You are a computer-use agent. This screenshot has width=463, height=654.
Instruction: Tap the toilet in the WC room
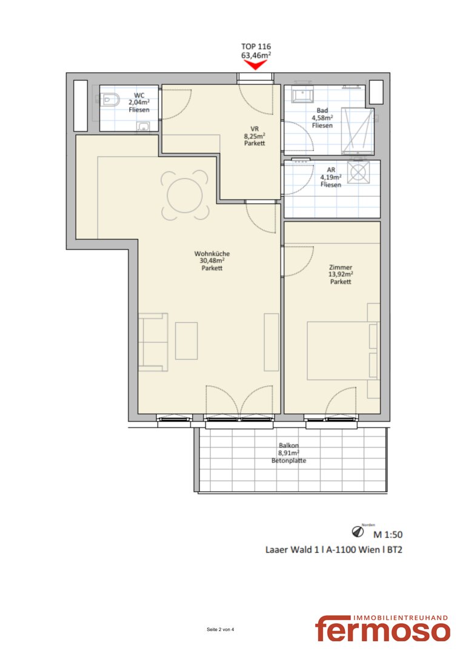(x=109, y=100)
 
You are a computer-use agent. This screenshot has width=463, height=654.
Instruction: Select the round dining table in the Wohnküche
(x=184, y=195)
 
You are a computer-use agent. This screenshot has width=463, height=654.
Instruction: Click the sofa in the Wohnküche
(x=153, y=342)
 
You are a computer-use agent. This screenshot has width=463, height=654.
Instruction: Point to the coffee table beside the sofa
(x=186, y=341)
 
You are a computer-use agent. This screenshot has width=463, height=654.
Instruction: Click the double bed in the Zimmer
(x=343, y=351)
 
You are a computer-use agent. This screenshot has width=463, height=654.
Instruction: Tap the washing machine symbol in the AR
(x=359, y=172)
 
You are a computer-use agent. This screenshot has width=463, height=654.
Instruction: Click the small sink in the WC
(x=144, y=127)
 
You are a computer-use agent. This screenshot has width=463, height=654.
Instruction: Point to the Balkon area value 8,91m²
(x=289, y=453)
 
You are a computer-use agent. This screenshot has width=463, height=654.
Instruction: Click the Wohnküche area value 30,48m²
(x=212, y=260)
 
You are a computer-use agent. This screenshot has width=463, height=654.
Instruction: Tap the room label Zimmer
(x=341, y=268)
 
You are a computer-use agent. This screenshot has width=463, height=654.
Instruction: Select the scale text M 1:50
(x=388, y=534)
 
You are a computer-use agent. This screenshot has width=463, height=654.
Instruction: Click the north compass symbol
(x=358, y=532)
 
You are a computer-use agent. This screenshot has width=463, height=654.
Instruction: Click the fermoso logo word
(x=382, y=629)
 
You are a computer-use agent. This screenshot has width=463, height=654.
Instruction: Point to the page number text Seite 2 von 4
(x=221, y=629)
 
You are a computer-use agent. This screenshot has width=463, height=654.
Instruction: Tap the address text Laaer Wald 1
(x=292, y=550)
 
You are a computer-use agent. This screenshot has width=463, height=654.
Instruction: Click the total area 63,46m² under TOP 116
(x=256, y=54)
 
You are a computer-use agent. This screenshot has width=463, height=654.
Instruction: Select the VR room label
(x=255, y=129)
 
